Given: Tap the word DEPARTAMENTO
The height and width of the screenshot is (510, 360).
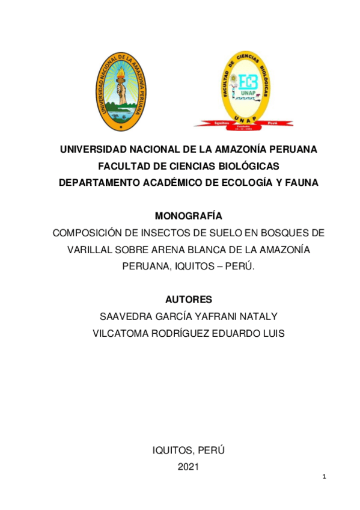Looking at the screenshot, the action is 102,182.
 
